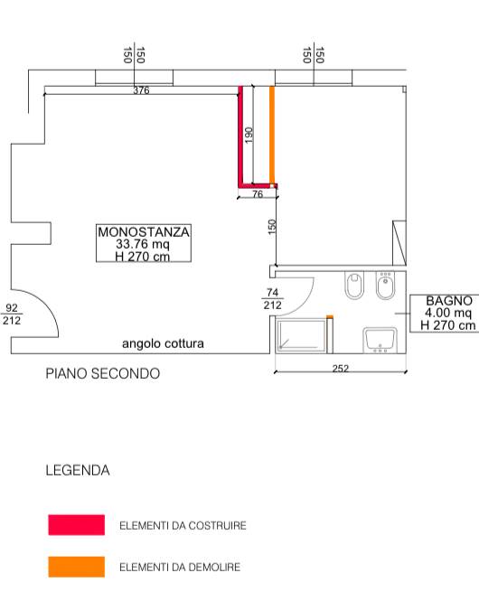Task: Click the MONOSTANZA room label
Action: [x=144, y=243]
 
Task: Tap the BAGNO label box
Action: [x=445, y=313]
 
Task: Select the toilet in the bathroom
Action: [x=354, y=286]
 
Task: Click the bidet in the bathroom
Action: [x=386, y=286]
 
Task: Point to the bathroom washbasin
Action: [x=380, y=340]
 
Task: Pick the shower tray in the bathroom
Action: [x=301, y=335]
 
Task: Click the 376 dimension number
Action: [x=141, y=90]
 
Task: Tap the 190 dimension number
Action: [x=249, y=136]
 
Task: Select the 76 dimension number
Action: [x=258, y=194]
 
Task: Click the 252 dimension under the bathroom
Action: [x=341, y=369]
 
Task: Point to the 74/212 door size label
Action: [x=272, y=298]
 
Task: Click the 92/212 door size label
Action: [x=12, y=314]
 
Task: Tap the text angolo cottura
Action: [x=163, y=343]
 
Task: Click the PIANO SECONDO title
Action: [x=103, y=374]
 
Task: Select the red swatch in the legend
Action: [x=77, y=525]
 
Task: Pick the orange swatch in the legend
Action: [x=77, y=567]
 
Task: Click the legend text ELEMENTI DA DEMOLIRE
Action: [x=180, y=567]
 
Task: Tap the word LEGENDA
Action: [x=78, y=470]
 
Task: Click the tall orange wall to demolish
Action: [x=272, y=136]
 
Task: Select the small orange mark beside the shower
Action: [x=330, y=317]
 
